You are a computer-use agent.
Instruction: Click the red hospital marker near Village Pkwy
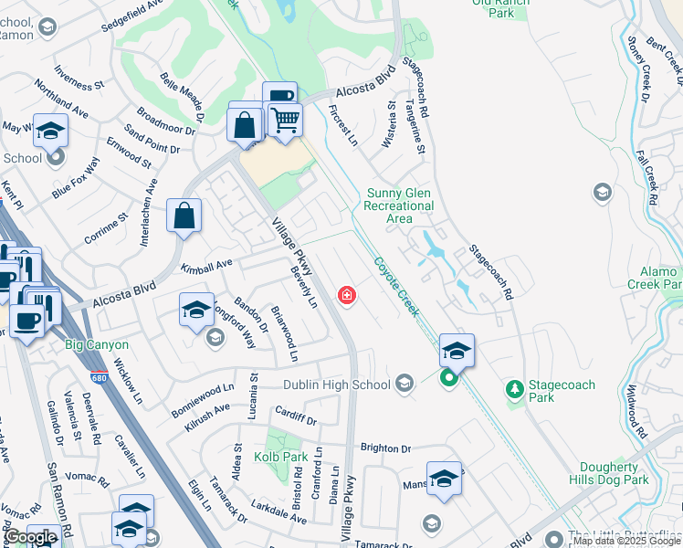click(347, 295)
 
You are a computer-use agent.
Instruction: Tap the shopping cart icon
click(285, 119)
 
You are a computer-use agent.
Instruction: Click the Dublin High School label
click(336, 385)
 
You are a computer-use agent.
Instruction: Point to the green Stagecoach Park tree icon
click(515, 389)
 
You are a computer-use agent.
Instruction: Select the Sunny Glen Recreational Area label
click(400, 205)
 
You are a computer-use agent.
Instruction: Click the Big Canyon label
click(97, 345)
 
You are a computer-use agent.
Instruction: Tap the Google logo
click(31, 537)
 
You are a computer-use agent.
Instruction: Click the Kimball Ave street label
click(206, 266)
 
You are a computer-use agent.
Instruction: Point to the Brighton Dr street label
click(386, 448)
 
